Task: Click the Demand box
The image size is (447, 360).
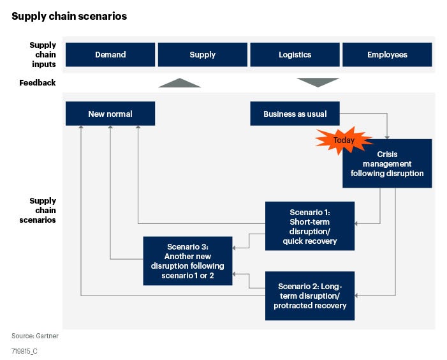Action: (110, 54)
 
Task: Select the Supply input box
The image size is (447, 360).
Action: (202, 54)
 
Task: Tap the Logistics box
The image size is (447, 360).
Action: (295, 54)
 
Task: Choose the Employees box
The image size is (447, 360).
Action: (387, 54)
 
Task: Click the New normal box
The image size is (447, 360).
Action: (110, 114)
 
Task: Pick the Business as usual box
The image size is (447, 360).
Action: (295, 114)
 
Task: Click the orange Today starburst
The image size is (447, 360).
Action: (344, 139)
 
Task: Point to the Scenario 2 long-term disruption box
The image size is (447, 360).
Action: (310, 296)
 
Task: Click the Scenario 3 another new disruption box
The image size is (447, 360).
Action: (187, 260)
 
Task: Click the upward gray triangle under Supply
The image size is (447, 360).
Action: (179, 83)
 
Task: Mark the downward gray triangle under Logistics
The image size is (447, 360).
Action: (318, 82)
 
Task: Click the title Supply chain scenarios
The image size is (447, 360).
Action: (69, 17)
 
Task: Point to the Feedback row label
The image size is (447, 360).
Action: (38, 82)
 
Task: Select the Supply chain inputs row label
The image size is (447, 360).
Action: (43, 54)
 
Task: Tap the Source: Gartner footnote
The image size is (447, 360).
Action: (30, 336)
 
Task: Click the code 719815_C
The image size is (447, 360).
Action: (25, 351)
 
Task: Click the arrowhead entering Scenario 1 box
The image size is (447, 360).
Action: (357, 223)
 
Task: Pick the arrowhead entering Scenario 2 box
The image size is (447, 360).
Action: (357, 296)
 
